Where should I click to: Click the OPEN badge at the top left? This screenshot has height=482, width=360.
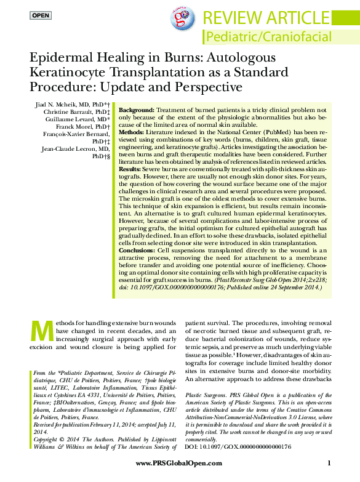[41, 14]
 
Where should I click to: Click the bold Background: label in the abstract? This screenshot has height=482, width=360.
[137, 109]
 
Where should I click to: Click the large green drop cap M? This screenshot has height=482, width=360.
[39, 331]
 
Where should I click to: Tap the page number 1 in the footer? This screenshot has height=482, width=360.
[330, 463]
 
